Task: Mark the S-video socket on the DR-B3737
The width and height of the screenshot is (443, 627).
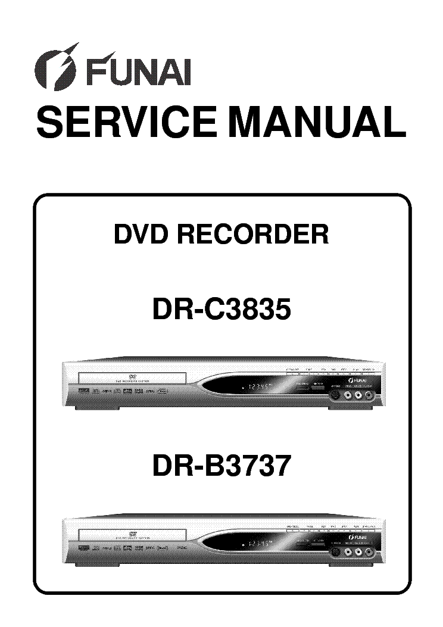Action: (336, 552)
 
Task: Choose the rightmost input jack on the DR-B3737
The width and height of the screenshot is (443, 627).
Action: (371, 552)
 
